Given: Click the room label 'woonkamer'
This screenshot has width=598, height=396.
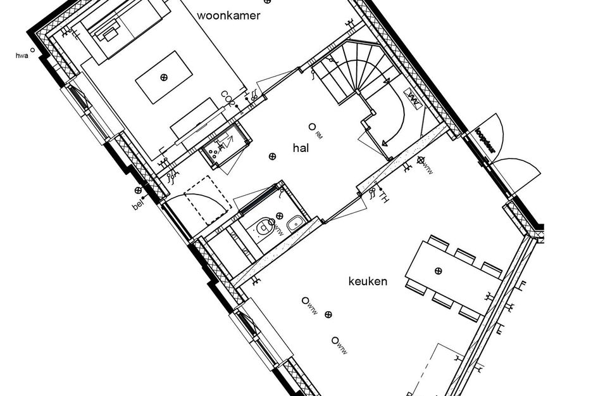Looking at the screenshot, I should tap(228, 16).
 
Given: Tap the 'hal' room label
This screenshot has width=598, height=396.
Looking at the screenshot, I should tap(300, 148).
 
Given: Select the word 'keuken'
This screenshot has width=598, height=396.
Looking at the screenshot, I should tap(367, 281).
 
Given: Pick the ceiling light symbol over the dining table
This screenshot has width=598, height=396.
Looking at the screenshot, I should tap(438, 271).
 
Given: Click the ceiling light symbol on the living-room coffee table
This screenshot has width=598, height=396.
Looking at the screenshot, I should tap(164, 77).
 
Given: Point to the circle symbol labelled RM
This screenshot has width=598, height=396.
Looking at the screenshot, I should tap(312, 127).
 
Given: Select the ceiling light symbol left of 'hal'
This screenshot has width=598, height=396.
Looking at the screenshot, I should tap(272, 156).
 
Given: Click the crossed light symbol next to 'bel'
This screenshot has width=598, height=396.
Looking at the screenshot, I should tap(138, 190).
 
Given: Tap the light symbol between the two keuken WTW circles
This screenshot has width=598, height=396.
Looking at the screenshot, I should tap(328, 314).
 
